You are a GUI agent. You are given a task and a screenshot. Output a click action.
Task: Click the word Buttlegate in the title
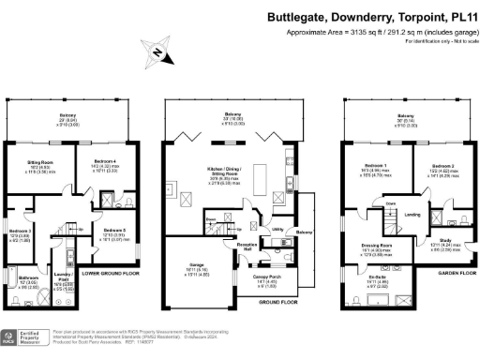(296, 16)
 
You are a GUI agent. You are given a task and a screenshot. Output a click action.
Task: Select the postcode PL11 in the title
(459, 16)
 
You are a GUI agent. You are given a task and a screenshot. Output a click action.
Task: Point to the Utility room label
(278, 228)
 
